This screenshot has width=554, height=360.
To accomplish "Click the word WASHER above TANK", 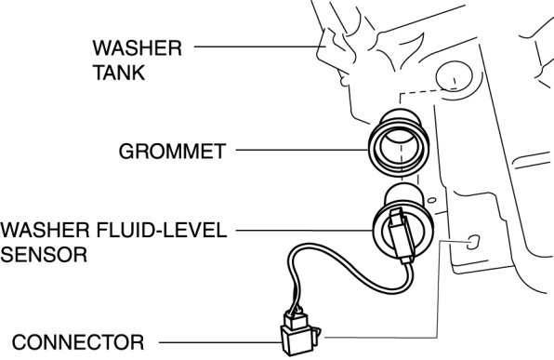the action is [x=137, y=48].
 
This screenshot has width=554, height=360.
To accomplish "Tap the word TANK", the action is [x=119, y=73].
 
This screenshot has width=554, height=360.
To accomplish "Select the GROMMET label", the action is [x=172, y=152].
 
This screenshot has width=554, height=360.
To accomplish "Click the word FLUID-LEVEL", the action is [x=162, y=230].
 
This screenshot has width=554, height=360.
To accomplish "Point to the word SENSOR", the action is [x=44, y=255].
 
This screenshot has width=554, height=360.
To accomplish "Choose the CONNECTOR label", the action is [x=78, y=342].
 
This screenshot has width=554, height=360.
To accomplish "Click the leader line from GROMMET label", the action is [x=302, y=150].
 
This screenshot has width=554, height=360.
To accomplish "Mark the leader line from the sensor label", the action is [x=305, y=230].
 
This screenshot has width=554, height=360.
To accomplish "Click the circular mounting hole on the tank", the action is [x=455, y=75].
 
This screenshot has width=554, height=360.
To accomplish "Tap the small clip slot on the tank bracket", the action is [x=473, y=242].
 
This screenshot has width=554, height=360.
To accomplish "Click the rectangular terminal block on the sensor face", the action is [x=401, y=234].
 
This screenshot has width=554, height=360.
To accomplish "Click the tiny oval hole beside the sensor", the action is [x=431, y=200].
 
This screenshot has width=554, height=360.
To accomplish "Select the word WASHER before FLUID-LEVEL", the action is [x=45, y=230].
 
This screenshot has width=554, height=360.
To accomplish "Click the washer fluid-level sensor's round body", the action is [x=402, y=226].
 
